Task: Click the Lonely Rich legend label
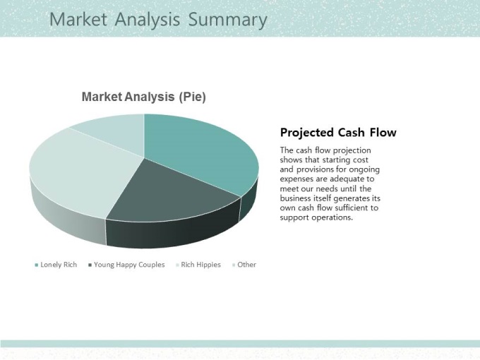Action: tap(59, 265)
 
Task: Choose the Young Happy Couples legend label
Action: tap(129, 265)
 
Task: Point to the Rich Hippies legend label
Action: tap(200, 265)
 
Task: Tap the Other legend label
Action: tap(247, 265)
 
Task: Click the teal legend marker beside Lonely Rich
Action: tap(37, 265)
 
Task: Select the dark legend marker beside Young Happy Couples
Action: tap(90, 265)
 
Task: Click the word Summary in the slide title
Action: tap(228, 20)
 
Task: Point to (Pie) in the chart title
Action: tap(192, 97)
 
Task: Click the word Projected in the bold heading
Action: tap(307, 133)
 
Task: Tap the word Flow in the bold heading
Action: tap(383, 132)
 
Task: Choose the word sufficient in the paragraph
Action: tap(352, 208)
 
